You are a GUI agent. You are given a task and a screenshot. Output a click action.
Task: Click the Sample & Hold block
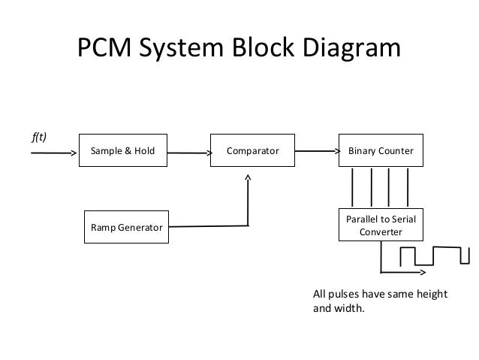click(x=122, y=151)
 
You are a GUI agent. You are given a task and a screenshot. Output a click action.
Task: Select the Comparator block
click(x=253, y=151)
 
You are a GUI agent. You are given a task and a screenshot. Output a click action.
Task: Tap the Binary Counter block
click(x=381, y=151)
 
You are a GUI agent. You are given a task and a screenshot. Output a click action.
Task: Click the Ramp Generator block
click(x=125, y=226)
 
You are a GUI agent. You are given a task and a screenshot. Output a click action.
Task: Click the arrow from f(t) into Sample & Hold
click(x=55, y=155)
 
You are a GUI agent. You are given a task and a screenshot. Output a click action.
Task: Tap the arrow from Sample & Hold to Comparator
click(x=188, y=155)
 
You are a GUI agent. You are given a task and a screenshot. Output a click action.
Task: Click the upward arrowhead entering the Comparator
click(x=249, y=180)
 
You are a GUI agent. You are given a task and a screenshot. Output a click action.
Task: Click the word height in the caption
click(x=429, y=293)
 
